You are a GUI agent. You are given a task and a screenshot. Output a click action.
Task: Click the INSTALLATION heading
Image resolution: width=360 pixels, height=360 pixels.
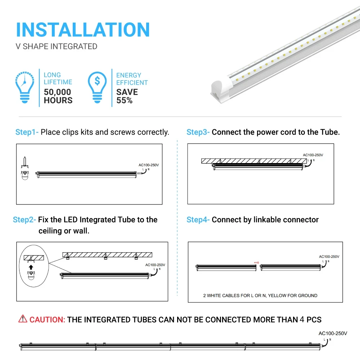[83, 30]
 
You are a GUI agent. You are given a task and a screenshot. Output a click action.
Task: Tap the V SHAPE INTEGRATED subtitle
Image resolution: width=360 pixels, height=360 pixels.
[57, 46]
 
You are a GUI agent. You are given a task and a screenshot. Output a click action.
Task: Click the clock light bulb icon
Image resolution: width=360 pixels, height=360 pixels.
[25, 87]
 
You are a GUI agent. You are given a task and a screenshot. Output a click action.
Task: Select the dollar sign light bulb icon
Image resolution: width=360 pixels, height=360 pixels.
[97, 87]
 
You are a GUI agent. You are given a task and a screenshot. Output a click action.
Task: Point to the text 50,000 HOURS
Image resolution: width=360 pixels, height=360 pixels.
[58, 96]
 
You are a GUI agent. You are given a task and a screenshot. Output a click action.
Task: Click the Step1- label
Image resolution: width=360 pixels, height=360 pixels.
[27, 132]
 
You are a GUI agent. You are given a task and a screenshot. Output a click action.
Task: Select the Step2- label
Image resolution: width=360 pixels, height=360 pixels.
[24, 220]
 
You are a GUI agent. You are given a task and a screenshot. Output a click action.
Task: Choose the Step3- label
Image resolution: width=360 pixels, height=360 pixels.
[198, 132]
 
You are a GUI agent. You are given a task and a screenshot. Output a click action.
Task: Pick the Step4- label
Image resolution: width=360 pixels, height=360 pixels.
[198, 220]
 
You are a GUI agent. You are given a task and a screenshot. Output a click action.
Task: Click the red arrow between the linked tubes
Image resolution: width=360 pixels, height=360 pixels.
[256, 263]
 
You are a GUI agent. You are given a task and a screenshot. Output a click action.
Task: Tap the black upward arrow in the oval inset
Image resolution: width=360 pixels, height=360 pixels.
[31, 267]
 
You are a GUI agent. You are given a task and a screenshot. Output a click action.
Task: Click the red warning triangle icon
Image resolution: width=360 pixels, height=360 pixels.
[23, 319]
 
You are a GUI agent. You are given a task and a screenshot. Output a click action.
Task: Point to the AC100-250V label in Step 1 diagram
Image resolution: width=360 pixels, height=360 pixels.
[149, 165]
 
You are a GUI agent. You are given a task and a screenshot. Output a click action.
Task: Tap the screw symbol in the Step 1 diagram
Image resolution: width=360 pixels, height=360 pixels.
[25, 161]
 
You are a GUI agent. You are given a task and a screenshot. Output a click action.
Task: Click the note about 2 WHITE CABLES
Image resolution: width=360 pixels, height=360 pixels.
[260, 296]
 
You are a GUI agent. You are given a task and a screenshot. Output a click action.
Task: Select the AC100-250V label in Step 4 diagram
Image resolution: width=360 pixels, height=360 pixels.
[329, 257]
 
